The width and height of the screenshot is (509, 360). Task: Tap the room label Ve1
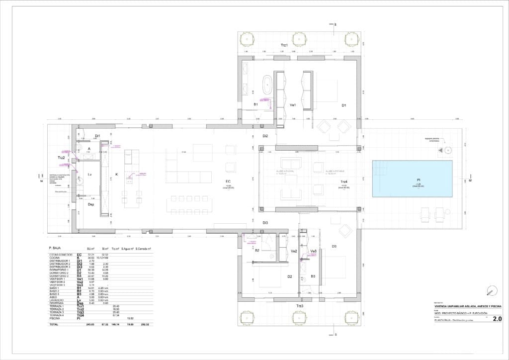click(293, 105)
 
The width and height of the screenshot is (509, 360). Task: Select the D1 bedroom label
click(343, 105)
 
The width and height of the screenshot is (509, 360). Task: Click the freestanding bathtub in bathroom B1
click(267, 86)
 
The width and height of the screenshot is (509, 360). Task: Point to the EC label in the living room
click(228, 181)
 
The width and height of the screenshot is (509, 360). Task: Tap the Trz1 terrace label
click(285, 45)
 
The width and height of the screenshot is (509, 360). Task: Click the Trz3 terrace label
click(299, 306)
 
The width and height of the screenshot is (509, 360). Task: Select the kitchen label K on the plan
click(116, 174)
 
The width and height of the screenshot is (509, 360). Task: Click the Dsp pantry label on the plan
click(91, 204)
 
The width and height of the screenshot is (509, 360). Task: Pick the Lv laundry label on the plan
click(90, 175)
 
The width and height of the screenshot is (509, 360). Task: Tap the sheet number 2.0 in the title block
click(497, 319)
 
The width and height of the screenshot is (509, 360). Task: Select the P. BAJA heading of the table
click(56, 248)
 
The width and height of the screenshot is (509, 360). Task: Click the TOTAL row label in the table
click(54, 324)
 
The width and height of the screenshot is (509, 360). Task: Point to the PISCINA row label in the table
click(56, 318)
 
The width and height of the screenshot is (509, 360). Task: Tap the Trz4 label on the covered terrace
click(344, 182)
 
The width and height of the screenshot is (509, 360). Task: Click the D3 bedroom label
click(334, 247)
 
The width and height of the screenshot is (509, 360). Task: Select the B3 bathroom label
click(313, 276)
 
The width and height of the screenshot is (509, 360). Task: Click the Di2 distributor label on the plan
click(265, 136)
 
